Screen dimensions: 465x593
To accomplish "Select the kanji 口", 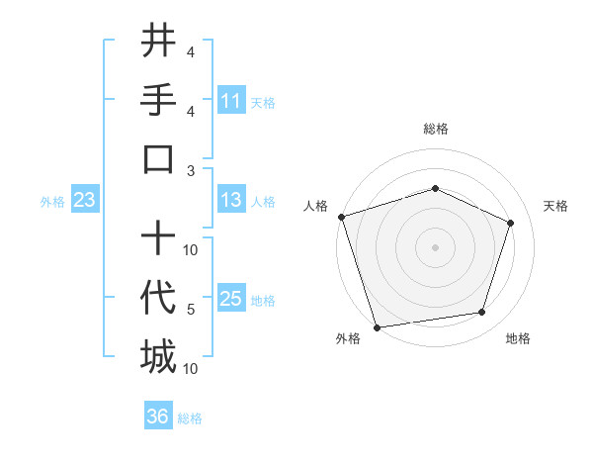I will (158, 158).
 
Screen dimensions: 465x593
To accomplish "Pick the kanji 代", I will (158, 298).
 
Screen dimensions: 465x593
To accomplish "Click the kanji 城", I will (158, 356).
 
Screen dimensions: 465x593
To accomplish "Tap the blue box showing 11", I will (231, 101).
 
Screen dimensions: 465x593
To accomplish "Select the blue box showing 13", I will (231, 201).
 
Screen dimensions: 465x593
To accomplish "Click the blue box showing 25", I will (231, 299).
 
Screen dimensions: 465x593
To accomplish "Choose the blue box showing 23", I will (85, 201).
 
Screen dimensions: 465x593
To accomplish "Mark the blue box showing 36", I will (158, 417).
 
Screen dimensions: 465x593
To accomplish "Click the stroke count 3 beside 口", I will (191, 170).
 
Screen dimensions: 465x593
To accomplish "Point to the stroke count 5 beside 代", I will (191, 310).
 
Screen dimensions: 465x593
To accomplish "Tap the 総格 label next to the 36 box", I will (190, 418).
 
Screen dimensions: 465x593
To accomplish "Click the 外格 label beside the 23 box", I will (52, 202).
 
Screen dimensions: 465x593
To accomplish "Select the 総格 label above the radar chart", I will (435, 129).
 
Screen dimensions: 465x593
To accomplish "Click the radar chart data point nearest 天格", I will (511, 223).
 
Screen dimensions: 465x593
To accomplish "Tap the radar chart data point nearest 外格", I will (377, 326).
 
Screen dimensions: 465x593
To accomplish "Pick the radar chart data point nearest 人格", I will (341, 217).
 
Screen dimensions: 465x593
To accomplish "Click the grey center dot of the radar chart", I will (435, 247).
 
